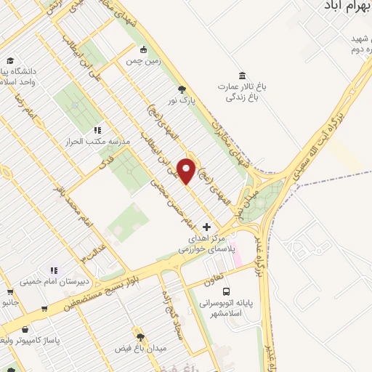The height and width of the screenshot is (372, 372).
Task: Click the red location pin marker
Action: tap(187, 171)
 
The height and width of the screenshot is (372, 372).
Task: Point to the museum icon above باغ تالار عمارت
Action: tap(242, 76)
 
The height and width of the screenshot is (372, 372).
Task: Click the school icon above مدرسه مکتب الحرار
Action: tap(97, 131)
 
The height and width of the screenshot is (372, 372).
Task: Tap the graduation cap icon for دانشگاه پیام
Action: tap(10, 60)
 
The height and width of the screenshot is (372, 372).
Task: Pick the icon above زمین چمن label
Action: tap(144, 49)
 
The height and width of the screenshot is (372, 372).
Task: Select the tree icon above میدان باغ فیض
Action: tap(141, 337)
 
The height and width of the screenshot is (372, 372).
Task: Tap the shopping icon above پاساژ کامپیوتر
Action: tap(25, 328)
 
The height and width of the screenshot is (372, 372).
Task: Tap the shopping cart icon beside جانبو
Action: tap(45, 308)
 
